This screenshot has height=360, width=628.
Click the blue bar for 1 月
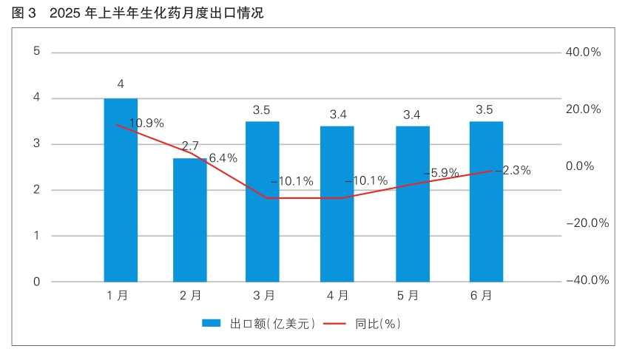pos(121,190)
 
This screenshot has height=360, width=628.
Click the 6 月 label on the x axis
pos(482,296)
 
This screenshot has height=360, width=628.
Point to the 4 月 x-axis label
pos(338,296)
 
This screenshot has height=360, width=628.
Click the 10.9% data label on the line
pos(146,123)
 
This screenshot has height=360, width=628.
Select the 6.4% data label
pos(223,157)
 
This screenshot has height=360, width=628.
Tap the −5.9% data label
pos(441,173)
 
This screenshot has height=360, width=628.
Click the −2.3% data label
pos(513,170)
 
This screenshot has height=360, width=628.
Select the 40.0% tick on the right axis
pos(583,52)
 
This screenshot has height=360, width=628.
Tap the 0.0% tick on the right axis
pos(580,166)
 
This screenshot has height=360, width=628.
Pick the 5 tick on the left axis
pos(36,52)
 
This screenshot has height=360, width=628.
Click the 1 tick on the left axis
pos(36,236)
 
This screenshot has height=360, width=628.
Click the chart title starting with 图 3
pos(138,13)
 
